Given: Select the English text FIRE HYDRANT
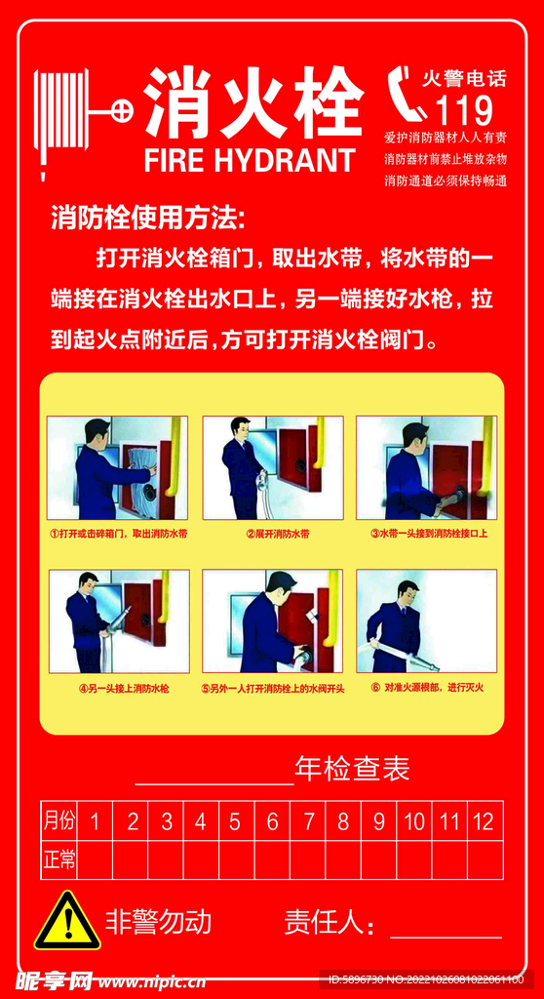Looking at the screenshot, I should point(250,160).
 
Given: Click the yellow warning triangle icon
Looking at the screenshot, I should point(67,922).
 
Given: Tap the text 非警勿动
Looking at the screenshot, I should point(158,921).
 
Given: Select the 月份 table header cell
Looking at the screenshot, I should point(58,821).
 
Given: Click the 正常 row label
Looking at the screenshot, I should point(58,860).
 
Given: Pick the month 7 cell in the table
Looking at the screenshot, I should point(308,821).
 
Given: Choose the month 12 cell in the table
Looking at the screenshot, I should point(484,821).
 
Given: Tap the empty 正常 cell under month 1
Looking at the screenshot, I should point(95,860).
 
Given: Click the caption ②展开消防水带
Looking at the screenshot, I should point(277,534).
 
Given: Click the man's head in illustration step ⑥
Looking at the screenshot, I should point(407,592).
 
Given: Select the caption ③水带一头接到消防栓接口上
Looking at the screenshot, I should point(429,534).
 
